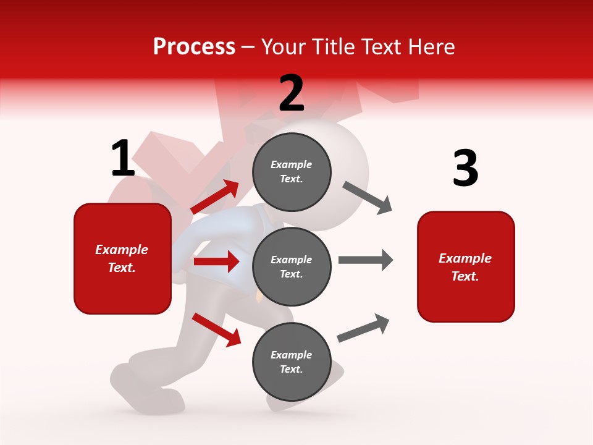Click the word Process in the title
[194, 46]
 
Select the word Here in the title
[432, 46]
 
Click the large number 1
[123, 159]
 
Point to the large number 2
[292, 93]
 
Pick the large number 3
[465, 169]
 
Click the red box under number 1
[122, 258]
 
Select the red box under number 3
[466, 266]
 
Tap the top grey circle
[292, 172]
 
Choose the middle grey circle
[292, 266]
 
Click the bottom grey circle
[292, 362]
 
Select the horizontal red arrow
[216, 261]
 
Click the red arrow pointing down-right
[216, 329]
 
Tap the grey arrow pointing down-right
[368, 198]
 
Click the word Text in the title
[382, 46]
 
